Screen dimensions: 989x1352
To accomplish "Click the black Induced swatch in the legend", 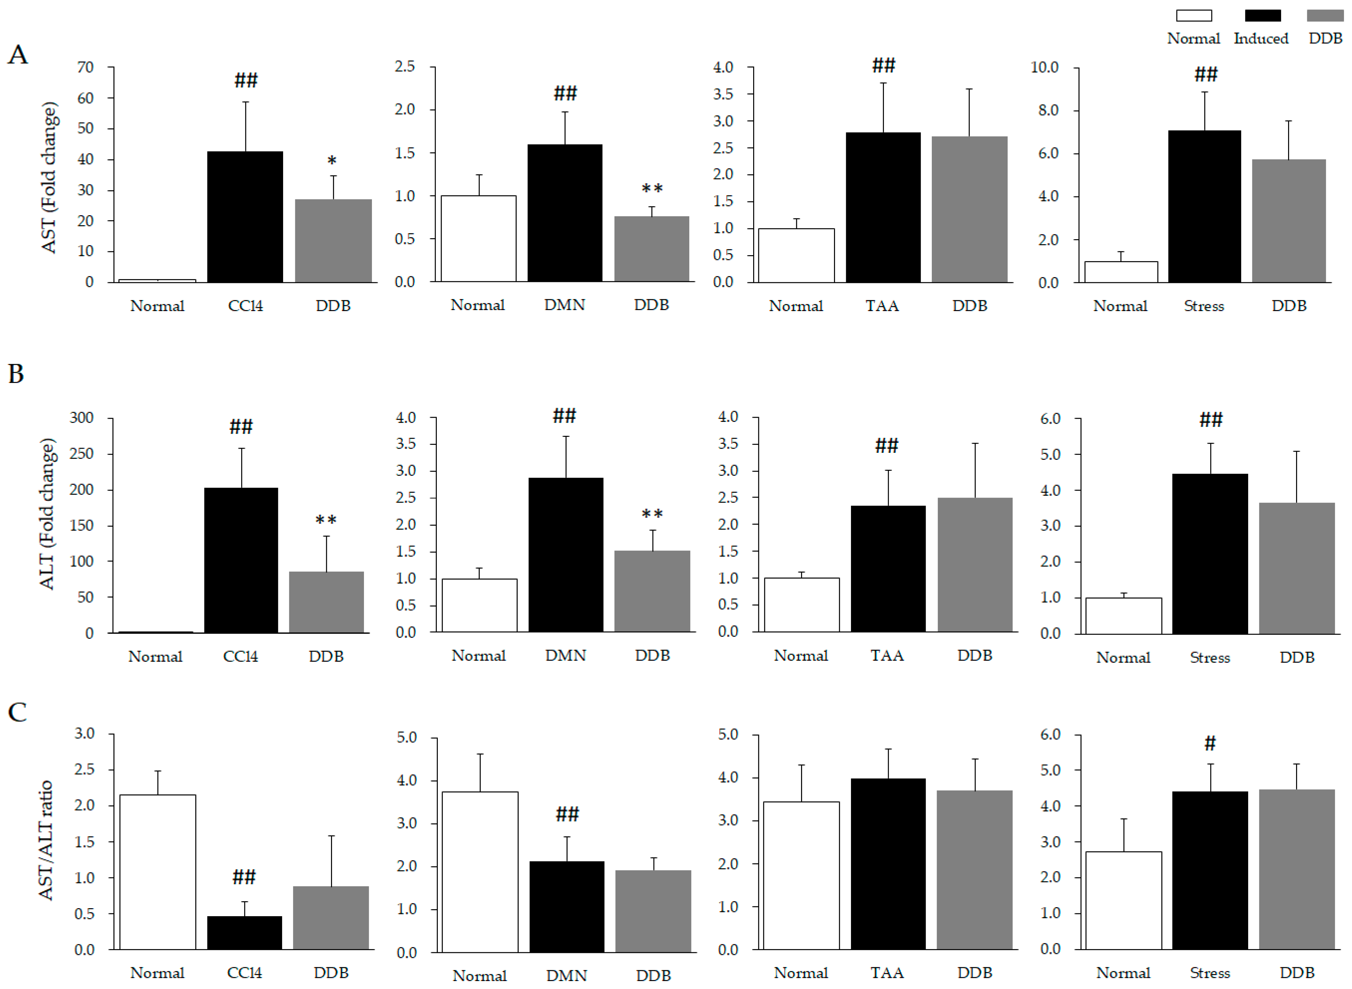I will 1262,16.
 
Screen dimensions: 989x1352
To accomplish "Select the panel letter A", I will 18,55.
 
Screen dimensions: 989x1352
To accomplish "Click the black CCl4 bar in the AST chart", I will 245,217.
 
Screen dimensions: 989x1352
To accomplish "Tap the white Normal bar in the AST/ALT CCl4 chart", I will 158,872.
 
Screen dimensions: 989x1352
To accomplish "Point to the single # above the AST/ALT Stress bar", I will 1210,743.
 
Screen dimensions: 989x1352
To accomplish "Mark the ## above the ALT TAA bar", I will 886,445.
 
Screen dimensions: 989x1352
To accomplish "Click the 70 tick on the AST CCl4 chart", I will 86,67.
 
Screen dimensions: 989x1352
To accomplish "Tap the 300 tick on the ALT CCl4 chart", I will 82,417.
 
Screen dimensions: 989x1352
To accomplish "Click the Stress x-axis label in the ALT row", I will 1209,657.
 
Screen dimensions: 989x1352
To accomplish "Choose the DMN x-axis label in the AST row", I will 564,305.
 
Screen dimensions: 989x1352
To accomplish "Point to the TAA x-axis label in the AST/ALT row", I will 886,973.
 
